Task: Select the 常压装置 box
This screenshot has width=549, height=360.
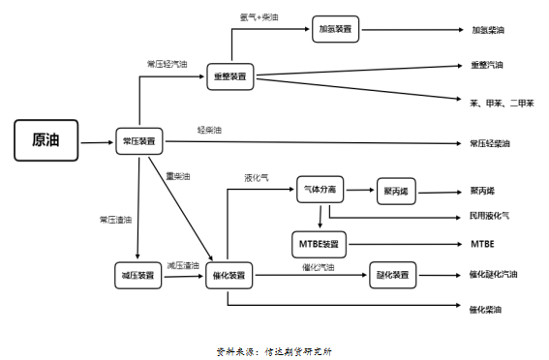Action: [139, 142]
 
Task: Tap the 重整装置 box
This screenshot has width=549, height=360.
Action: [230, 75]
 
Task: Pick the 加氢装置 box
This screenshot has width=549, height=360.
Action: [336, 30]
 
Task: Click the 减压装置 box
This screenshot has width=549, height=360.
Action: [139, 276]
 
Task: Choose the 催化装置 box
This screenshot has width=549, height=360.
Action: [229, 276]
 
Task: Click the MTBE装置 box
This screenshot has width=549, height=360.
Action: [318, 243]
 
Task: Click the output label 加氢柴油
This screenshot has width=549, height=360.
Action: [488, 31]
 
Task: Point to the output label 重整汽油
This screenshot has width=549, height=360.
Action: [487, 66]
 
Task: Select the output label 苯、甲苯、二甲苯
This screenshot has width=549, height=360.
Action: [502, 103]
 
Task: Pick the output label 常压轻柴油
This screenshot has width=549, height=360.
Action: [490, 143]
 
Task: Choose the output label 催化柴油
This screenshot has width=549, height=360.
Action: [486, 310]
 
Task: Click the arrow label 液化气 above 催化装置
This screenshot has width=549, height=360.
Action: [257, 177]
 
